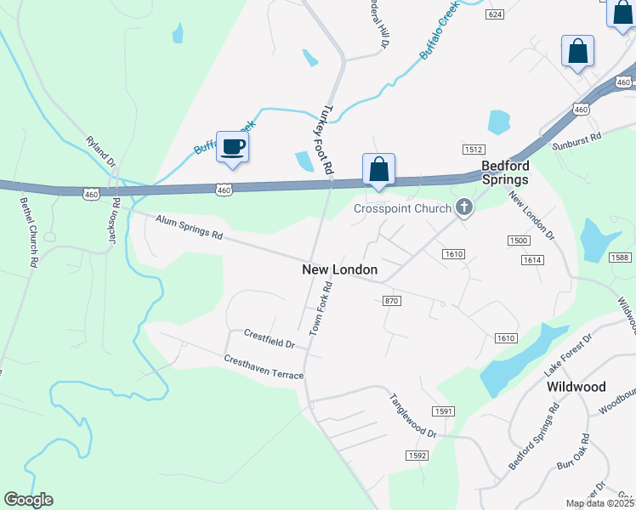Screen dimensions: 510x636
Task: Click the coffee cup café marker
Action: [232, 147]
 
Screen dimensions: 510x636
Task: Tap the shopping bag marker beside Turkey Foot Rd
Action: [378, 169]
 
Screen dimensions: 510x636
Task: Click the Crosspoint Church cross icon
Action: [464, 207]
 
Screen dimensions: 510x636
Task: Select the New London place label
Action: [339, 269]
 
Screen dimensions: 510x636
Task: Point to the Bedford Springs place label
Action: [505, 173]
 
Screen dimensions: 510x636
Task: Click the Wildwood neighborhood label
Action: [576, 387]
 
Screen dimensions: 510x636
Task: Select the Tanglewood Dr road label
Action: [412, 415]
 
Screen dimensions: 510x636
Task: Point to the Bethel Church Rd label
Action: [29, 234]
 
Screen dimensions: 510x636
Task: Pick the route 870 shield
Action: [391, 301]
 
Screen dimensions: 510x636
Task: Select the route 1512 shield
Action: [474, 149]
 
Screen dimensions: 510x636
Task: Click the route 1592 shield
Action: [417, 456]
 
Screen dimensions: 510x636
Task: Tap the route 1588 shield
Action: [622, 258]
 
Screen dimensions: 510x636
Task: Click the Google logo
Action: [28, 500]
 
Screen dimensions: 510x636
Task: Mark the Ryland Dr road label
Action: [100, 149]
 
